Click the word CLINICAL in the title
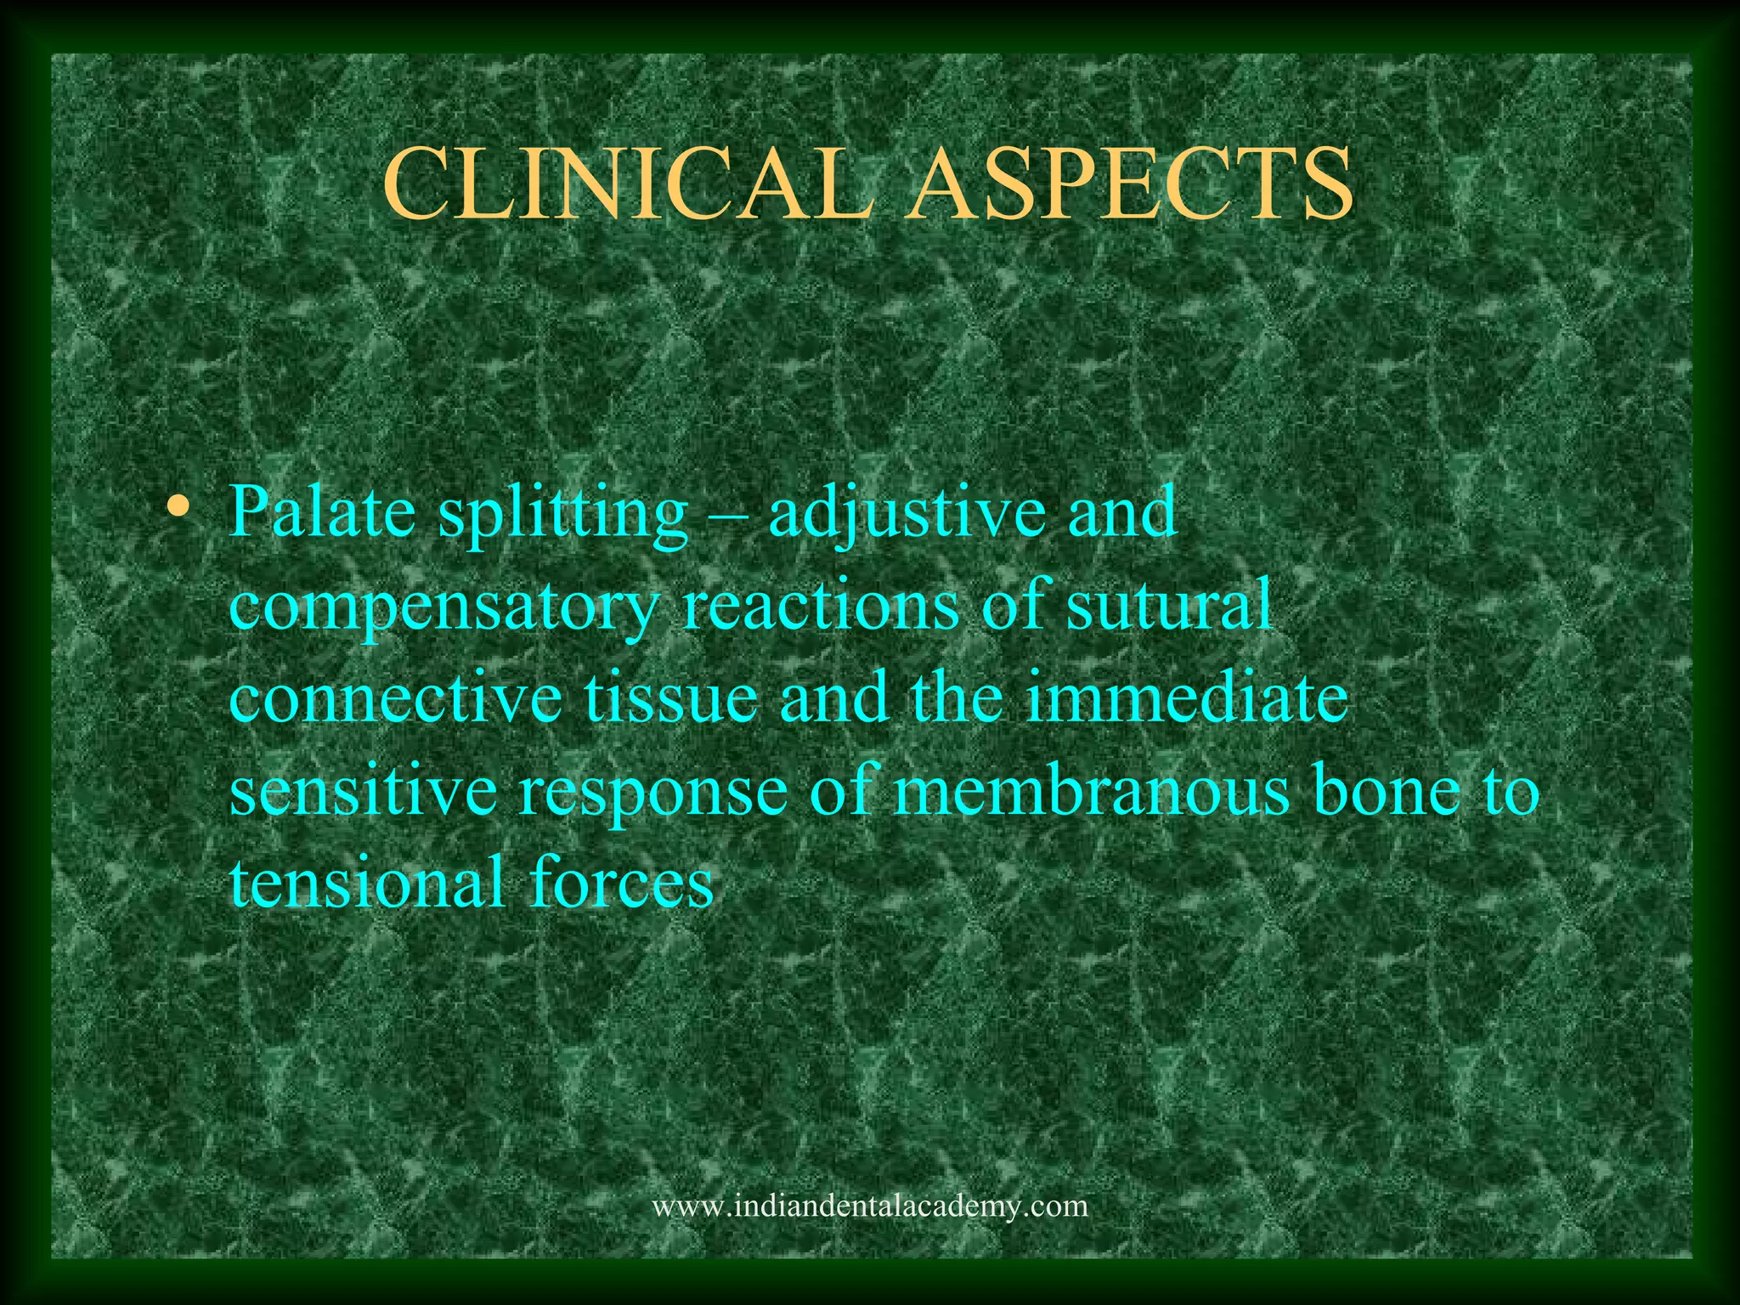627,184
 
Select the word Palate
323,513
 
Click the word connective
396,698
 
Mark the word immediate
1186,698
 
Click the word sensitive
364,791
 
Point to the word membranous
1091,791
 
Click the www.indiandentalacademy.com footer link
869,1206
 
